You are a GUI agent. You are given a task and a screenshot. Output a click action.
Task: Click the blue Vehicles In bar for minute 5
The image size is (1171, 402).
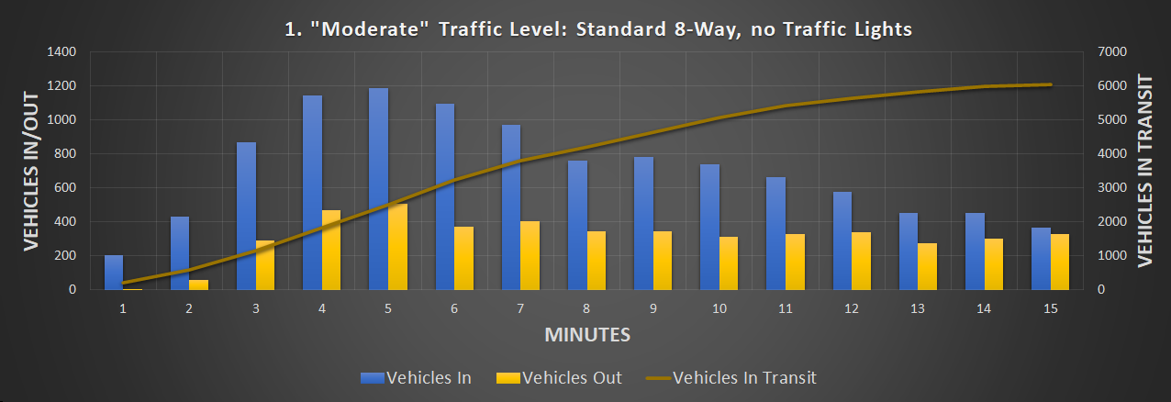pos(378,188)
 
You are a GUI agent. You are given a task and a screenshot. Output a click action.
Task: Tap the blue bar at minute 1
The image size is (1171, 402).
pos(113,273)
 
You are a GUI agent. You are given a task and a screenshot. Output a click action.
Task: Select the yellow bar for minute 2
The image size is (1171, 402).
pos(198,285)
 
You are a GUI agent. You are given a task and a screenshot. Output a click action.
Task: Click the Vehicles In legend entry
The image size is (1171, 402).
pos(417,377)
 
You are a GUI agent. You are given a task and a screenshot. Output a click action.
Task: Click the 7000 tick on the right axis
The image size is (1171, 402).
pos(1101,52)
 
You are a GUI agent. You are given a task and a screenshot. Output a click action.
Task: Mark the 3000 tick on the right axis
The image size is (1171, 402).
pos(1101,188)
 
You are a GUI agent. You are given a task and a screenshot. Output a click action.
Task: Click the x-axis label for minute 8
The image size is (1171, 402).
pos(586,309)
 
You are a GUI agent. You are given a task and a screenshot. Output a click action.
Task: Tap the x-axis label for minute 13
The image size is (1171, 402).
pos(918,309)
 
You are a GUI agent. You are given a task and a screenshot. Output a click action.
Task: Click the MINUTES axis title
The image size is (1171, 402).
pos(587,335)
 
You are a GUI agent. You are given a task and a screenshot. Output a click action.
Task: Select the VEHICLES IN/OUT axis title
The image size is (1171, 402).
pos(31,170)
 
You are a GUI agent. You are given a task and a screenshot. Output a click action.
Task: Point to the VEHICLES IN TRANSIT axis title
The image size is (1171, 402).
pos(1144,171)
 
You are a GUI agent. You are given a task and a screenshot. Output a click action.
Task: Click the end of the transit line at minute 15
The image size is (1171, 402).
pos(1050,84)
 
